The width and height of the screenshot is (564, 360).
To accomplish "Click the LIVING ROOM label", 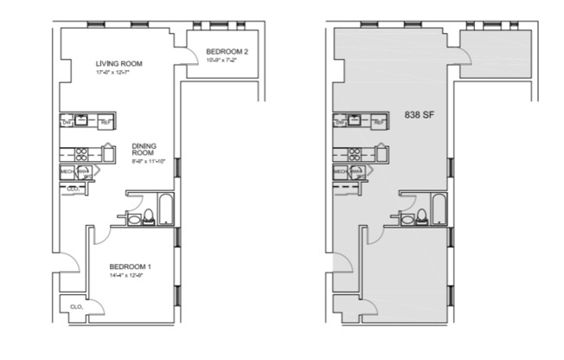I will pyautogui.click(x=119, y=63).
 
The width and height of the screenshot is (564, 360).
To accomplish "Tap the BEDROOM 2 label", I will pyautogui.click(x=227, y=53).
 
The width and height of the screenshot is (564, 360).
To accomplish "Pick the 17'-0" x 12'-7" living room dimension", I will pyautogui.click(x=118, y=73).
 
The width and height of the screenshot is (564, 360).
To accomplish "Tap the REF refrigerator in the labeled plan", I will pyautogui.click(x=106, y=122).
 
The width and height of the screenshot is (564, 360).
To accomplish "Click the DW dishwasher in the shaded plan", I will pyautogui.click(x=340, y=122).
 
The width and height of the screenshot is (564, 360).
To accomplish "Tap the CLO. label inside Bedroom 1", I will pyautogui.click(x=75, y=305).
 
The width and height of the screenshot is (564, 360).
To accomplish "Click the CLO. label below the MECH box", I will pyautogui.click(x=73, y=188).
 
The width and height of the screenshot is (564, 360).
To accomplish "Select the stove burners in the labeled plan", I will pyautogui.click(x=80, y=154).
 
